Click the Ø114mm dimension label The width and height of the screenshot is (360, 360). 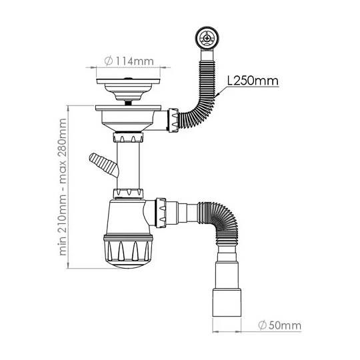[129, 61]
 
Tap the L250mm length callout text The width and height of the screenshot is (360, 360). [253, 81]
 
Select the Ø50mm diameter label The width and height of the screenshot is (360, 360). [279, 325]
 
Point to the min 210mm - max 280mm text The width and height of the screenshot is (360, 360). [63, 187]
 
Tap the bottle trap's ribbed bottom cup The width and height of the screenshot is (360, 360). [128, 251]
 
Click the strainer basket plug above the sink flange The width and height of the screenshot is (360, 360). [128, 89]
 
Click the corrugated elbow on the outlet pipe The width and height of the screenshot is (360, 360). [221, 221]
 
